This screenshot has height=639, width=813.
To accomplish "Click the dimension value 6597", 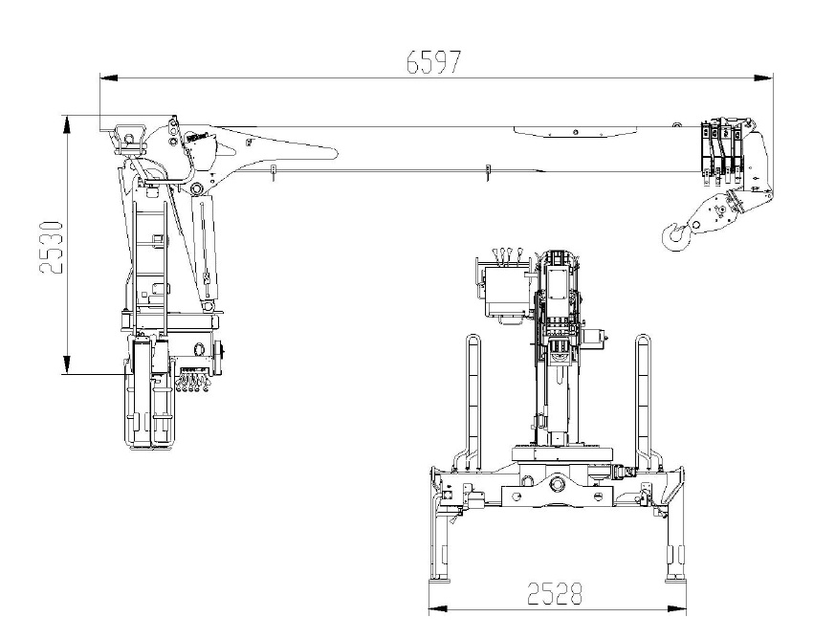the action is click(x=433, y=62).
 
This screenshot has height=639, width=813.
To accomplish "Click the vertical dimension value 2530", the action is click(x=52, y=248).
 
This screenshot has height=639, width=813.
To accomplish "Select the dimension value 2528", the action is click(x=555, y=594).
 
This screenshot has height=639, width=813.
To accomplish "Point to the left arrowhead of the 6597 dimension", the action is click(x=108, y=77).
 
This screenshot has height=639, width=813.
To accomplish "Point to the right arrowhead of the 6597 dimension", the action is click(x=763, y=77).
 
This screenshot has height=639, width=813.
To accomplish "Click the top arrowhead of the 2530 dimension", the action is click(x=66, y=124).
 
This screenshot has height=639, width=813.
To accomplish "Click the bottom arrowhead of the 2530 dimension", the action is click(x=66, y=364).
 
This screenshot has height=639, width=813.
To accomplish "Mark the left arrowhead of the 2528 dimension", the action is click(x=438, y=609).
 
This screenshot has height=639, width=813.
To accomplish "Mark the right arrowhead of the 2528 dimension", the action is click(x=676, y=609).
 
